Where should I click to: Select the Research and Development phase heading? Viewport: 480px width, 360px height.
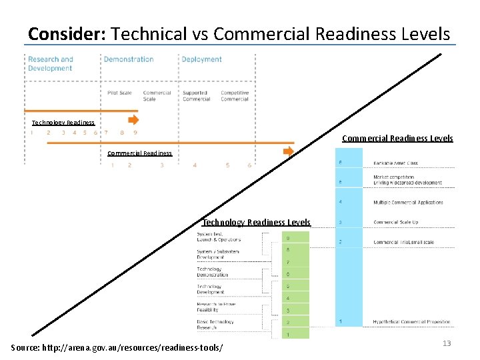tap(50, 64)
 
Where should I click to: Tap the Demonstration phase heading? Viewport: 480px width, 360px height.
tap(129, 59)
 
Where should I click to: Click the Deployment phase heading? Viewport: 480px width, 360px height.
tap(201, 59)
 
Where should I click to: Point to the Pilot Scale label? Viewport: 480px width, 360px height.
tap(119, 93)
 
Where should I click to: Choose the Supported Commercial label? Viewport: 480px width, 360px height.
tap(196, 96)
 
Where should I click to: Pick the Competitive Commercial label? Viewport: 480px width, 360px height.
tap(235, 96)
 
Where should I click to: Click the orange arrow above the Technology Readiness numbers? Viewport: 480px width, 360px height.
tap(133, 120)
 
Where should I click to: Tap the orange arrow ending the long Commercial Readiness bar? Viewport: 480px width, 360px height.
tap(288, 151)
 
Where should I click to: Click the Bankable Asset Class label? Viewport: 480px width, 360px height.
tap(395, 163)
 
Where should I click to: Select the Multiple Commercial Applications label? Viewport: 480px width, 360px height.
tap(408, 202)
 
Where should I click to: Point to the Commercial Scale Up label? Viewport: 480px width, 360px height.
tap(396, 222)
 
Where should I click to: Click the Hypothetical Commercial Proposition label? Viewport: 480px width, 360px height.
tap(411, 322)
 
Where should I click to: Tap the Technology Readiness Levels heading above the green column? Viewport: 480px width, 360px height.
tap(256, 222)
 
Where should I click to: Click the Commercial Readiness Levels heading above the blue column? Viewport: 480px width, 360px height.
tap(397, 139)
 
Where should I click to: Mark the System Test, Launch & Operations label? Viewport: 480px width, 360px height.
tap(219, 237)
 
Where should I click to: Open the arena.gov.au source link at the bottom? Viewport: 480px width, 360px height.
tap(117, 347)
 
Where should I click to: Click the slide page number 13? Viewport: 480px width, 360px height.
tap(447, 343)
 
